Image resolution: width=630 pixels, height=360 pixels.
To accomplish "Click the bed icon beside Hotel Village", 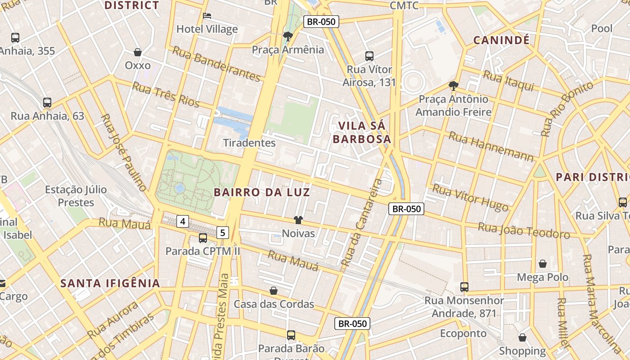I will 207,16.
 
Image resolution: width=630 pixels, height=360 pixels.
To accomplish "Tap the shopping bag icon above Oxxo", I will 138,52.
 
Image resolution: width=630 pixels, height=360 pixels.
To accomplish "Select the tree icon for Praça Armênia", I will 288,36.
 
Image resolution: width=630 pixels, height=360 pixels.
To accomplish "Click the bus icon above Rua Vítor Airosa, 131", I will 369,56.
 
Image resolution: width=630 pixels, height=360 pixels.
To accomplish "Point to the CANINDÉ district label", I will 501,40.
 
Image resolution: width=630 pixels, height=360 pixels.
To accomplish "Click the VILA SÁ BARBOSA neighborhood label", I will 362,132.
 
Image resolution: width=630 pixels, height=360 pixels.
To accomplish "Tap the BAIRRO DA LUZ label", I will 261,193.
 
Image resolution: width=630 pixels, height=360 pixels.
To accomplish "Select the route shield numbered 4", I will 182,221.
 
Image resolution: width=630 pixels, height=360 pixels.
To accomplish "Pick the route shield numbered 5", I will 223,233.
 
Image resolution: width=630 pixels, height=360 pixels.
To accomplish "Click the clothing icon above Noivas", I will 298,220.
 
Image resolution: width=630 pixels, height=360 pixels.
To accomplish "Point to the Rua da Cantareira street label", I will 362,222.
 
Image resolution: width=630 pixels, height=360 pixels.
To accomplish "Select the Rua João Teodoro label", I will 524,230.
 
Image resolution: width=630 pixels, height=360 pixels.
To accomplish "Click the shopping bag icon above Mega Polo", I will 543,264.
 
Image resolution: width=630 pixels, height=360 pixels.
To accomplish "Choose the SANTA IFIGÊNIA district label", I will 110,283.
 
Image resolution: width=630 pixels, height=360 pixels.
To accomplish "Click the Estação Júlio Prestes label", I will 76,196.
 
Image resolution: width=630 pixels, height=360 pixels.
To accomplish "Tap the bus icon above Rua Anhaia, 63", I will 47,103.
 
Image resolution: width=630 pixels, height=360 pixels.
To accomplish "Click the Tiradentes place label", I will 249,143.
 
